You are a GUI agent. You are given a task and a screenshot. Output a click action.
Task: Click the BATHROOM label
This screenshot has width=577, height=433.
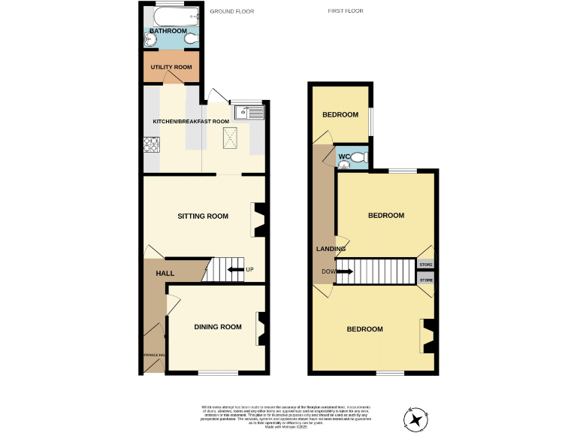point(168,31)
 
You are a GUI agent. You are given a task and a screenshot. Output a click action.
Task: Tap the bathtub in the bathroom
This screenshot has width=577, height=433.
point(173,15)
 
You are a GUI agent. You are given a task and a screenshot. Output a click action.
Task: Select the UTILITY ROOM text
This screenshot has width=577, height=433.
point(171,68)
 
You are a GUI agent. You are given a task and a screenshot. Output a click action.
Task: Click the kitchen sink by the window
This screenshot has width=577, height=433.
point(247,114)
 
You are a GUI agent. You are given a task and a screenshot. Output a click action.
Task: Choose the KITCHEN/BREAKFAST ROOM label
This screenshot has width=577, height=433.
point(191,121)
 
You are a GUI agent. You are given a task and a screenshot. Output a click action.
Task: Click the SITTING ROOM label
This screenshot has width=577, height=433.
point(202,216)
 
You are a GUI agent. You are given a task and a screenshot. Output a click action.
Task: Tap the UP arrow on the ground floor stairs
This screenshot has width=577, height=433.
point(237,269)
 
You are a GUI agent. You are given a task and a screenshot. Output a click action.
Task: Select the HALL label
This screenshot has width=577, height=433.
point(165,274)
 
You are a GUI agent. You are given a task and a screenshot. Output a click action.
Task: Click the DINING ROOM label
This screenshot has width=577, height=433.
point(218,326)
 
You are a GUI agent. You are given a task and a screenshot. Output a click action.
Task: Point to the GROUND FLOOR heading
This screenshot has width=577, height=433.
point(232,12)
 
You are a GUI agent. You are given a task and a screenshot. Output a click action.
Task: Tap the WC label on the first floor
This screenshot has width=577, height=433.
point(344,157)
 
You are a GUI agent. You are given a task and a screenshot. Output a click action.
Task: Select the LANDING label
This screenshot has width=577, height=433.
point(331,249)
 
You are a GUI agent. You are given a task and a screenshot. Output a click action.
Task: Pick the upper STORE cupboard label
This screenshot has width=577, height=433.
point(426,265)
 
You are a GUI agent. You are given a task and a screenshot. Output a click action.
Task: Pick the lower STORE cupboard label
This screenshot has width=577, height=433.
point(426,280)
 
